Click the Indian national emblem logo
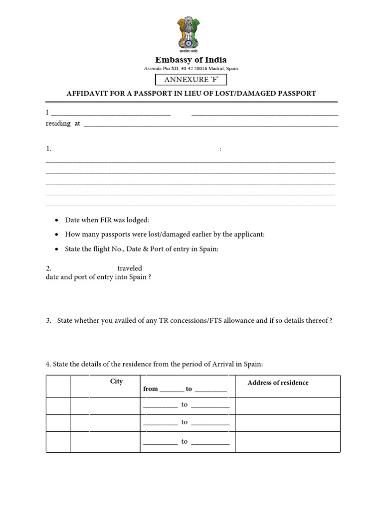(x=191, y=34)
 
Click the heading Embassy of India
(x=191, y=60)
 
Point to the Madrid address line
(x=191, y=69)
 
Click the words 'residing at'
(x=63, y=124)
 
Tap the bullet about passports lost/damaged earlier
(x=165, y=234)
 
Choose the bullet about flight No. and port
(x=142, y=249)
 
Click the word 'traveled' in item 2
(x=130, y=268)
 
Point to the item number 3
(x=48, y=321)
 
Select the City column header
(x=116, y=382)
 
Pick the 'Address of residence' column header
(x=278, y=382)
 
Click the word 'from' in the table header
(x=151, y=389)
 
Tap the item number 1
(x=48, y=148)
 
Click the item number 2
(x=48, y=268)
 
